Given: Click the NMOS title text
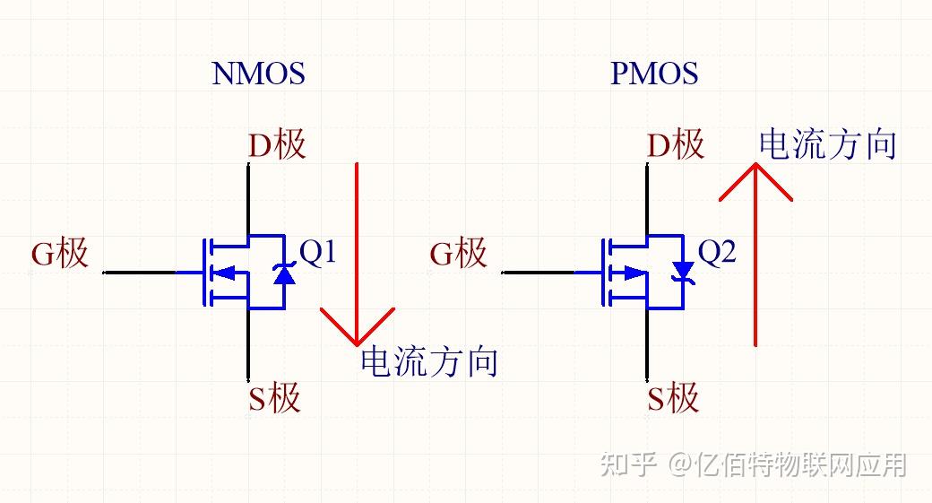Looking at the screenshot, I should point(258,74).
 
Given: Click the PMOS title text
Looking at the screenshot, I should point(654,74).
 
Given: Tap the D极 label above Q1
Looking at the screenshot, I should point(277,144).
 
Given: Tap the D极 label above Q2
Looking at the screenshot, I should point(676,144).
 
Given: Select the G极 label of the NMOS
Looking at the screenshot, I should point(60,254).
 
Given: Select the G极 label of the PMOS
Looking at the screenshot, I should point(459,254).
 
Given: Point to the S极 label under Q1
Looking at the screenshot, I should point(274,397).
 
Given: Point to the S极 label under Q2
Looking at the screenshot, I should point(673,397).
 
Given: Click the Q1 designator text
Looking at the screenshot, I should point(317,253).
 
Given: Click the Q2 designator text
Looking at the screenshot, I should point(716,253).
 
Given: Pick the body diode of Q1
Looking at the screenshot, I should point(284,273).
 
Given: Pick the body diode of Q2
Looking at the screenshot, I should point(683,272).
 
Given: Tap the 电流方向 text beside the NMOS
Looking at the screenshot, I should point(428,362).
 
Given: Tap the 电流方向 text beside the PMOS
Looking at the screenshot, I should point(827,144).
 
